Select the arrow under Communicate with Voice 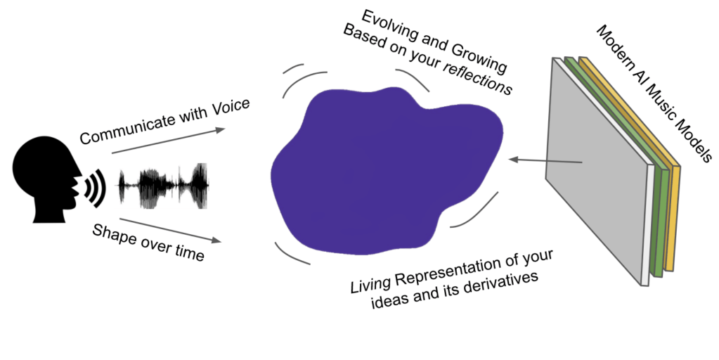169,140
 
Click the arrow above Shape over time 169,231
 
